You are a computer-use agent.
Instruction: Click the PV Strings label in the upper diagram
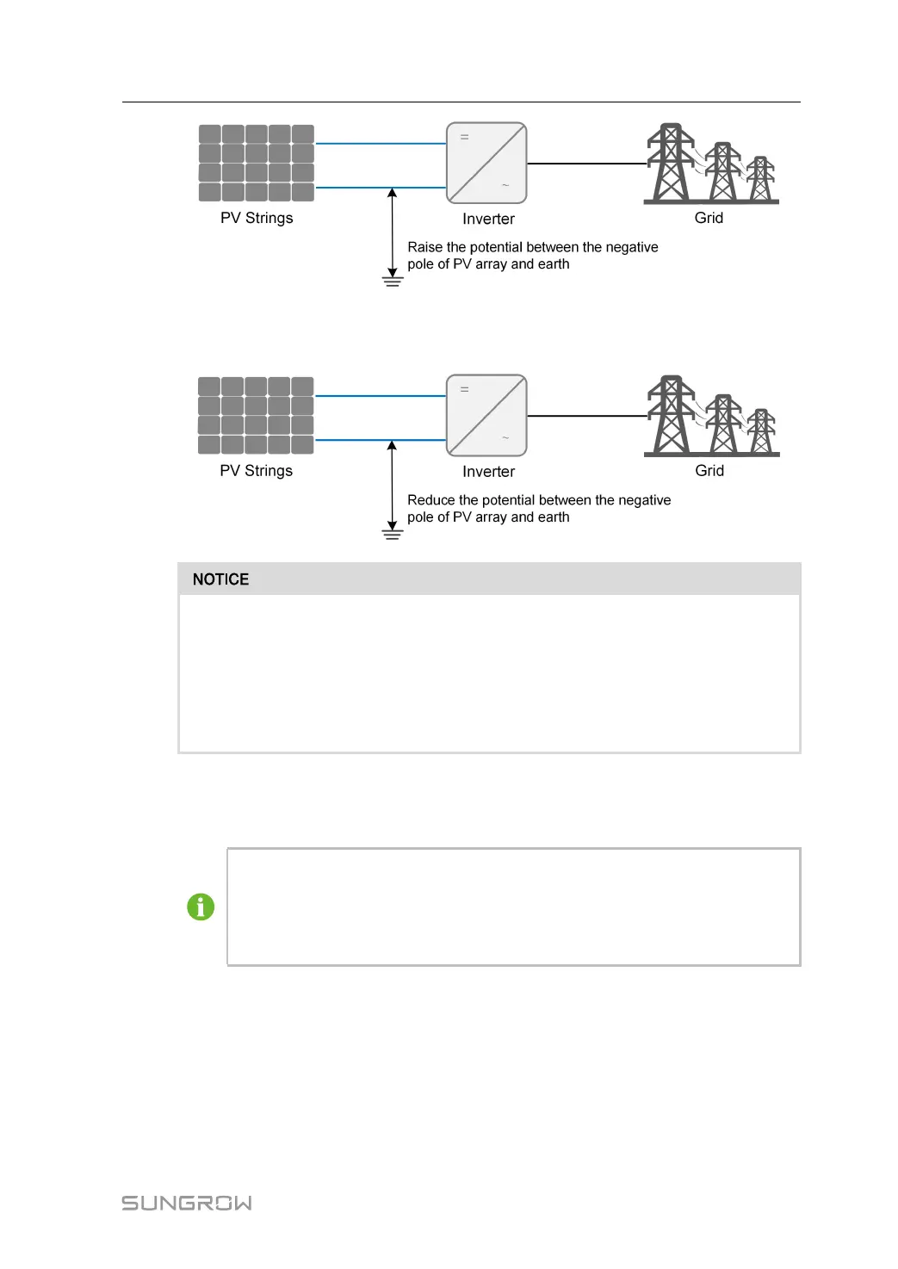pos(257,218)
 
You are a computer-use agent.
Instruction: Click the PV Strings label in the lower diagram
pos(257,471)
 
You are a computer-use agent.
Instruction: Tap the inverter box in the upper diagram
pos(486,163)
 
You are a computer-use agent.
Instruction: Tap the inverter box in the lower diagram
pos(486,415)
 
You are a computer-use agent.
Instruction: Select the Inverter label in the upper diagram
pos(488,220)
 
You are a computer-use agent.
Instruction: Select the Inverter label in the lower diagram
pos(488,472)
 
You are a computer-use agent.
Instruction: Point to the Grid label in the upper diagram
pos(709,218)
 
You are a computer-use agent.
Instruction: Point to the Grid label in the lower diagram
pos(709,471)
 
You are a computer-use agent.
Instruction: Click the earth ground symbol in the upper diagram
pos(393,281)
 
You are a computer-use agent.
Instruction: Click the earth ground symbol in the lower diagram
pos(393,534)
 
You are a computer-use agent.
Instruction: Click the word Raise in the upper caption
pos(425,247)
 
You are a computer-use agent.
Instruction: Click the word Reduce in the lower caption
pos(431,500)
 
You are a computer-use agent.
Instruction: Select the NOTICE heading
pos(221,579)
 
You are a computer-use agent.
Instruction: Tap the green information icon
pos(201,907)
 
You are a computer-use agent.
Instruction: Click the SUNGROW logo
pos(187,1203)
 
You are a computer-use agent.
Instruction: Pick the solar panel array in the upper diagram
pos(257,163)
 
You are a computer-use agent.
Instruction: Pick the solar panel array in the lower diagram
pos(257,415)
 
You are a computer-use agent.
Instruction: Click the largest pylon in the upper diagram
pos(671,163)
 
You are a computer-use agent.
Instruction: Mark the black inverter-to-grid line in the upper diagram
pos(585,164)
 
